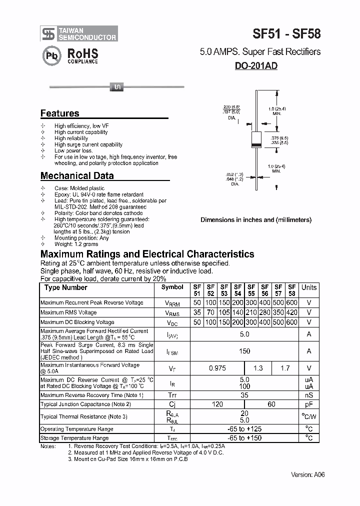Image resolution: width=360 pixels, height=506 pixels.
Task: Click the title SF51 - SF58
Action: (286, 34)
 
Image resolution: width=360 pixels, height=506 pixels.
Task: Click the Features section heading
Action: (59, 113)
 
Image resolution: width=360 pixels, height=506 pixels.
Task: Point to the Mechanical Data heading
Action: (76, 175)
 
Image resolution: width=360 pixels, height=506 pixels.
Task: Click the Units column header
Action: (309, 287)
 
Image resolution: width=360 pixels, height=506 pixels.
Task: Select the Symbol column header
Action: (172, 287)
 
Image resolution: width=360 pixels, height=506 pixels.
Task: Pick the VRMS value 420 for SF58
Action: (292, 312)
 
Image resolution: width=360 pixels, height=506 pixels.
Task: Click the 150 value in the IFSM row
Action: (244, 351)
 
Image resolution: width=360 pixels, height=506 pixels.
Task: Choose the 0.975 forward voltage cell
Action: (217, 368)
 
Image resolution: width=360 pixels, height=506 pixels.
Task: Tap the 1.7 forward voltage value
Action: (285, 368)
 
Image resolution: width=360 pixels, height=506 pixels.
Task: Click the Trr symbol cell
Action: (172, 395)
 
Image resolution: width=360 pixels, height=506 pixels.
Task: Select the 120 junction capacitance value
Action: (217, 404)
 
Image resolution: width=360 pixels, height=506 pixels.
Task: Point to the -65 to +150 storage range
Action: (244, 438)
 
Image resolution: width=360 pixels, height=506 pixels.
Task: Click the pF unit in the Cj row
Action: (309, 404)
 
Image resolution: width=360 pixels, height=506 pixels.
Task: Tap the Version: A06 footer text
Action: (307, 474)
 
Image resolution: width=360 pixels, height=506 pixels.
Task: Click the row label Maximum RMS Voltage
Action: (68, 312)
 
